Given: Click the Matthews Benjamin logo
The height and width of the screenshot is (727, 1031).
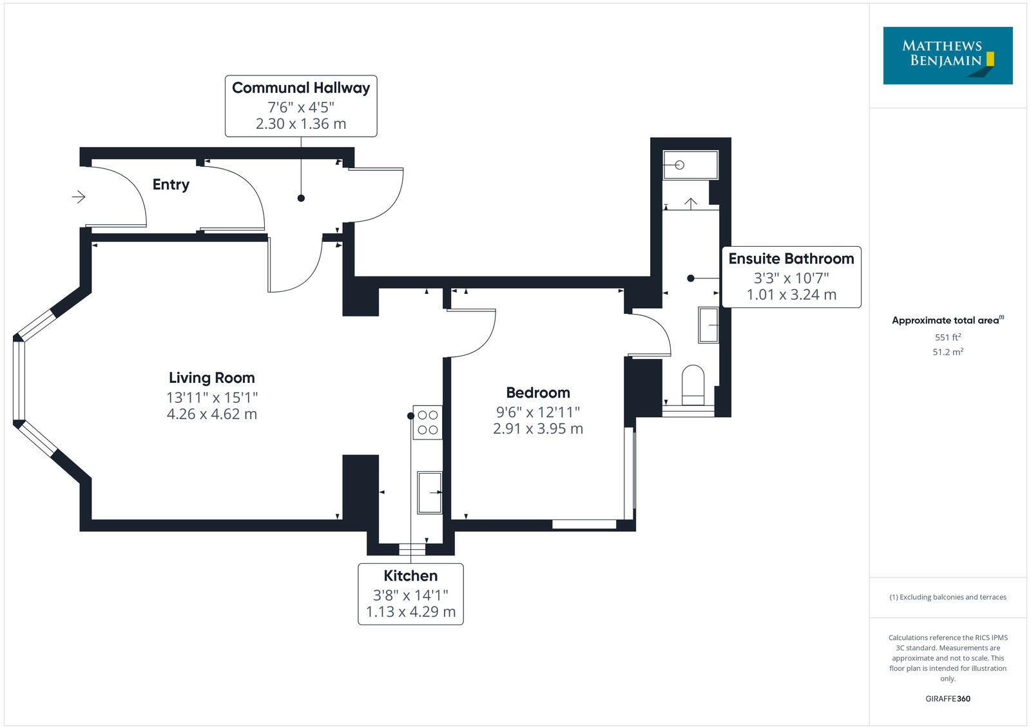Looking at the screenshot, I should [947, 55].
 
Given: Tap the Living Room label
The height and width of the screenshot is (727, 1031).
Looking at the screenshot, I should [211, 378].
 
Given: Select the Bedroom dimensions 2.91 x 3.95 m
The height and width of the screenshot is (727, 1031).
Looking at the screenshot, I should [538, 429].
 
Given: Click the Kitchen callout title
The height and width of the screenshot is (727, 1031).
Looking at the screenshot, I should [410, 576].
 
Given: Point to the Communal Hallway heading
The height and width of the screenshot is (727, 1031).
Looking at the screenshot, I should [301, 88].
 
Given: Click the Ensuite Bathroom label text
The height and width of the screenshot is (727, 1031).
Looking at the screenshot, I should [791, 258].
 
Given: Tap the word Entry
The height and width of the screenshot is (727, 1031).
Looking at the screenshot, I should [171, 184].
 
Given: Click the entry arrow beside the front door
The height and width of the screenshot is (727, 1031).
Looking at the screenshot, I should [79, 197].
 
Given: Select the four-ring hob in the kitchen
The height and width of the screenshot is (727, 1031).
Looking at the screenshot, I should [427, 422].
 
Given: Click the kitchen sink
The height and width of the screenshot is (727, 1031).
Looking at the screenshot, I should [429, 492].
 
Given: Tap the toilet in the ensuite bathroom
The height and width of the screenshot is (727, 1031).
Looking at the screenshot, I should [693, 385].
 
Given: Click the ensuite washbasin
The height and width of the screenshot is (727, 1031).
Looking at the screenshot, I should [708, 325].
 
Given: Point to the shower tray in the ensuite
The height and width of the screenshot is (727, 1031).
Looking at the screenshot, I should [690, 165].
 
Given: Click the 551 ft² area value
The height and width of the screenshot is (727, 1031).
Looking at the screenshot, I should [947, 337].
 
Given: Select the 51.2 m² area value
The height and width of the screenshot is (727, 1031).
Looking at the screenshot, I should [947, 352].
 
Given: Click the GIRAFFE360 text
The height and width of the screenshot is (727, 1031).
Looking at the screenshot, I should [947, 699].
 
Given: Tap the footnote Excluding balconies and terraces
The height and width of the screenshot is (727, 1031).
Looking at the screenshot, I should [947, 597].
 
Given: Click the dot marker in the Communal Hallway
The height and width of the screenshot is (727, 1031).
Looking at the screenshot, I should [301, 198].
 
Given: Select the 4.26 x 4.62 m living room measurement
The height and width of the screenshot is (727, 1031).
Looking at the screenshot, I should [211, 414].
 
